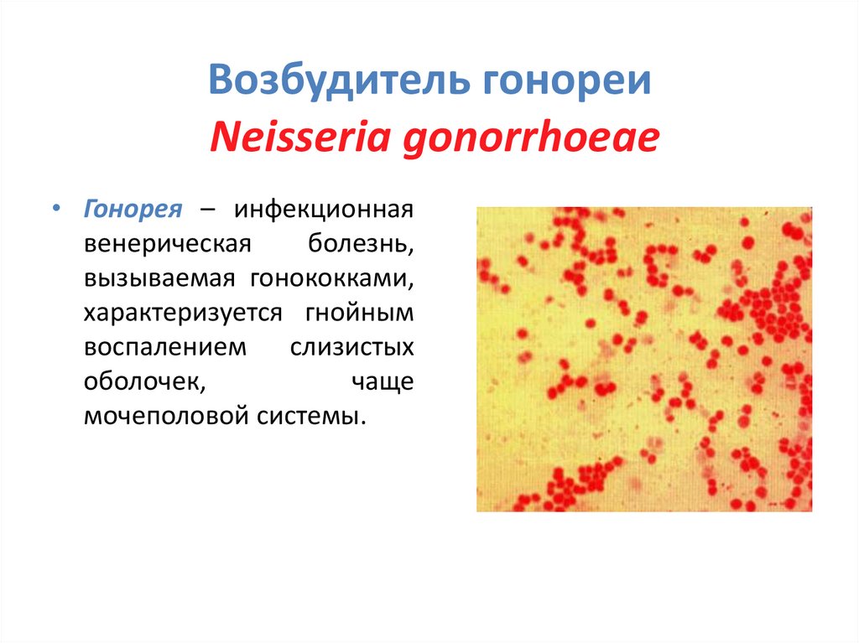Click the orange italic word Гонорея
[133, 209]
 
